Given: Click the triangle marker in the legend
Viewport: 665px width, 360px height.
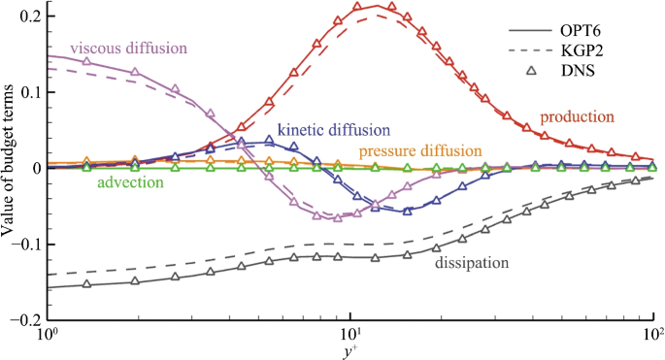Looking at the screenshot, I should tap(555, 71).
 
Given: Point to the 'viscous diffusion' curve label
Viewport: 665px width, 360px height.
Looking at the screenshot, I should tap(128, 49).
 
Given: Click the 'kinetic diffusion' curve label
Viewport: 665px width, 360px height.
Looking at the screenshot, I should tap(333, 129).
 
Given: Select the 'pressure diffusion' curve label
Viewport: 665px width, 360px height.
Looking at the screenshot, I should tap(419, 151).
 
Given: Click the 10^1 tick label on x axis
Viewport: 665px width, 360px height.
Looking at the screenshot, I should tap(350, 336).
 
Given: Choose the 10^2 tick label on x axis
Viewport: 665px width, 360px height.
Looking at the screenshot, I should tap(652, 336).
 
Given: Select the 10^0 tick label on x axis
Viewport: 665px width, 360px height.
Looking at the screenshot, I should tap(46, 336).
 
